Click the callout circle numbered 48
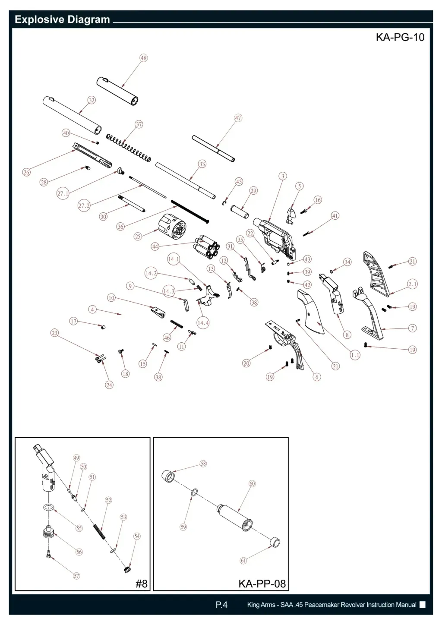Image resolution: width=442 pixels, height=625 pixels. (143, 58)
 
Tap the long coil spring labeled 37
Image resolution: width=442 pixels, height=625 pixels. (129, 148)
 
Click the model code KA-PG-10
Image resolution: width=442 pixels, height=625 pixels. (400, 37)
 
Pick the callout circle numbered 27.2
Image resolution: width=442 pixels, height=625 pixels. (84, 205)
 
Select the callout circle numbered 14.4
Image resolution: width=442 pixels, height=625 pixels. (203, 323)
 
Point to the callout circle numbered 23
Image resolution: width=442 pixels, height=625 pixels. (54, 333)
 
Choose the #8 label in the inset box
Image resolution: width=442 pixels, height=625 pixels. (141, 584)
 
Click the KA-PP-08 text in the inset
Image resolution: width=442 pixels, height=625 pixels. (262, 584)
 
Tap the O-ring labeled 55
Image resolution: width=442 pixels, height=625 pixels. (48, 507)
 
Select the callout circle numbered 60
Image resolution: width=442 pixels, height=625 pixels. (252, 483)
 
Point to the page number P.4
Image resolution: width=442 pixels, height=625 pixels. (221, 605)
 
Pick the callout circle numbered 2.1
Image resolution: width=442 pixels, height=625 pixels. (412, 284)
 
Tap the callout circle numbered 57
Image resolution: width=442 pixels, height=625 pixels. (76, 576)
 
